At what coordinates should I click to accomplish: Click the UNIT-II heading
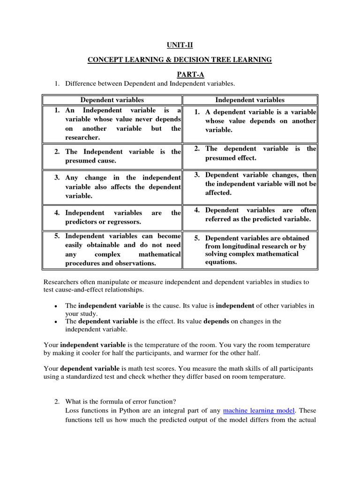[x=180, y=45]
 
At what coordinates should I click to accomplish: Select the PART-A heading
[x=180, y=74]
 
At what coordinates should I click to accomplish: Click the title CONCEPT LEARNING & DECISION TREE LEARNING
[x=180, y=60]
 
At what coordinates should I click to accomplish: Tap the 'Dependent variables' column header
[x=112, y=100]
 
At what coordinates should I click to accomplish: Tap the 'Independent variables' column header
[x=249, y=100]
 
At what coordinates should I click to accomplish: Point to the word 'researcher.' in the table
[x=82, y=137]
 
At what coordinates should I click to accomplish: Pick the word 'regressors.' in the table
[x=122, y=221]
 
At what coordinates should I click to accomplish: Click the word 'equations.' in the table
[x=221, y=262]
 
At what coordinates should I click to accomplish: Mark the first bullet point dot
[x=56, y=306]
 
